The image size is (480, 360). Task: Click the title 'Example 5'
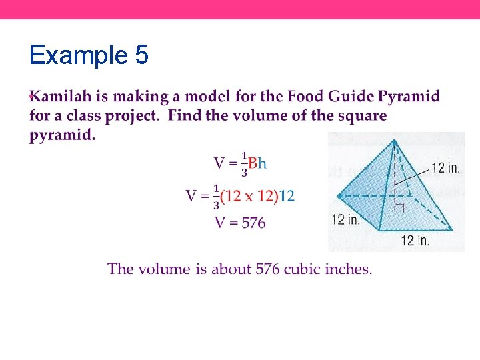point(89,55)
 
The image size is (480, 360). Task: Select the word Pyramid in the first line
point(409,97)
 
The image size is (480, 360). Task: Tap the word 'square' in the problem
point(361,116)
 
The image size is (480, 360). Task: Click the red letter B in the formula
point(253,163)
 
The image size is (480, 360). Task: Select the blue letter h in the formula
point(262,163)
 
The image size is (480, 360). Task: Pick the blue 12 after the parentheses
point(287,196)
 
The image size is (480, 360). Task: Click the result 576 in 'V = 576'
point(253,223)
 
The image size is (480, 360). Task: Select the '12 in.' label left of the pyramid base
point(345,219)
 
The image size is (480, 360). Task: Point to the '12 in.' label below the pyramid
point(415,241)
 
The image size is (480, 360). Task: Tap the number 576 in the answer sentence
point(268,269)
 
